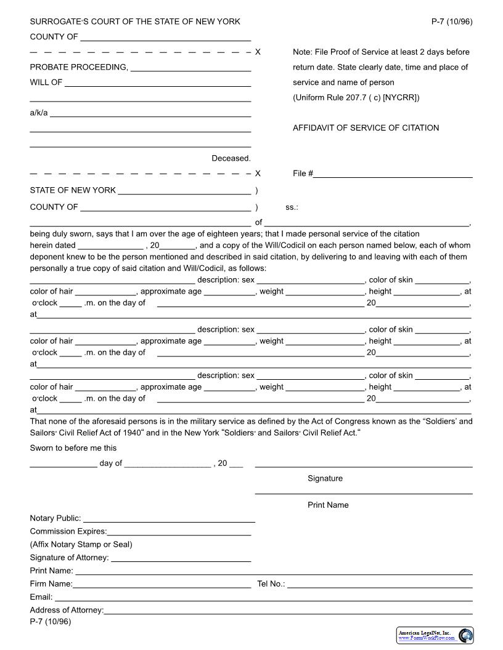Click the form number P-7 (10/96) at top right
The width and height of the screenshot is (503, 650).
point(451,22)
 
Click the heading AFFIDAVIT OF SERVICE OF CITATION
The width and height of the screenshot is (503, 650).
point(366,128)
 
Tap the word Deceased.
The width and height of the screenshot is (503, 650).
point(231,158)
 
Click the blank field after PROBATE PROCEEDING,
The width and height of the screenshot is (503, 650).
point(190,68)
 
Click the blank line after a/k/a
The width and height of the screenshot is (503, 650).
point(150,114)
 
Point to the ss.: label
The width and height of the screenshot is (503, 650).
point(292,207)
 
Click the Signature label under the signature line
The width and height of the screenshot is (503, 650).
point(325,478)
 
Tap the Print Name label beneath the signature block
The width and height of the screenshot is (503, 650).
point(328,505)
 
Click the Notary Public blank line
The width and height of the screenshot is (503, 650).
point(168,520)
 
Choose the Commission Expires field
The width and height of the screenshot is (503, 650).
point(179,532)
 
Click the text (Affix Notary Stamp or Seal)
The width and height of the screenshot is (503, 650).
point(81,544)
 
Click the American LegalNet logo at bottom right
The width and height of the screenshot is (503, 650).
point(435,635)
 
